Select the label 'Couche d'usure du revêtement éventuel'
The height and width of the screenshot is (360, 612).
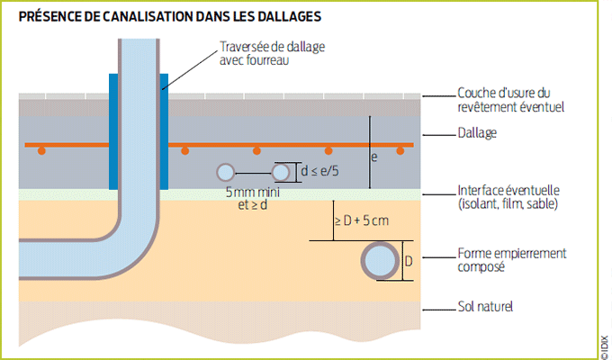509,99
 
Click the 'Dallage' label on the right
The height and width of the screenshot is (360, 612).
478,134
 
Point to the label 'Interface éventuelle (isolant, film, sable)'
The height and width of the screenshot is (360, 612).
509,197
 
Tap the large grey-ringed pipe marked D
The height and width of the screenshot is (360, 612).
380,262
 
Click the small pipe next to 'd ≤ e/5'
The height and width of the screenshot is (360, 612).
283,171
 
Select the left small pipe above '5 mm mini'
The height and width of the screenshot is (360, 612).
225,171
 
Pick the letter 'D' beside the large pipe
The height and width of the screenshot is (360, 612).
409,262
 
